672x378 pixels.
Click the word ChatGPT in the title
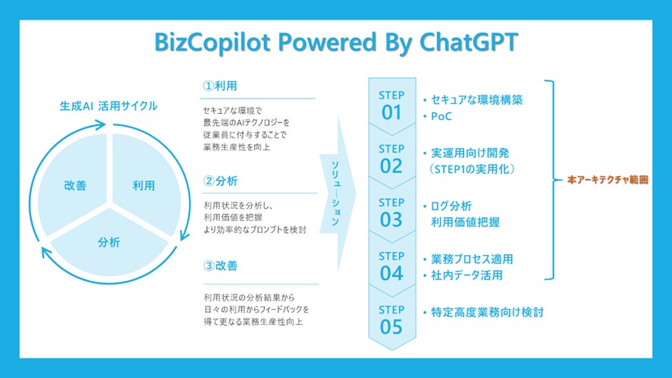pyautogui.click(x=469, y=42)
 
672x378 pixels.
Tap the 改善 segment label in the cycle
pyautogui.click(x=75, y=185)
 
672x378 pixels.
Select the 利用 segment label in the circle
pyautogui.click(x=143, y=185)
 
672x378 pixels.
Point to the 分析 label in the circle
pyautogui.click(x=109, y=242)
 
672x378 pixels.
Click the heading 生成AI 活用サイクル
pyautogui.click(x=108, y=106)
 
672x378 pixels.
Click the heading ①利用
pyautogui.click(x=220, y=86)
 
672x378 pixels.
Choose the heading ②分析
pyautogui.click(x=220, y=181)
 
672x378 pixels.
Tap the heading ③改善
pyautogui.click(x=220, y=266)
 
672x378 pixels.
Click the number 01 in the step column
pyautogui.click(x=391, y=113)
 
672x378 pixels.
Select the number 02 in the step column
pyautogui.click(x=391, y=166)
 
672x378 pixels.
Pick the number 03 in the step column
pyautogui.click(x=391, y=219)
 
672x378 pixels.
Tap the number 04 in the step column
pyautogui.click(x=391, y=273)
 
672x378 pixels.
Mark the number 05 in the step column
pyautogui.click(x=391, y=327)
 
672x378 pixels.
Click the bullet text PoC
pyautogui.click(x=441, y=116)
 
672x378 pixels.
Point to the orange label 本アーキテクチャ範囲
pyautogui.click(x=608, y=180)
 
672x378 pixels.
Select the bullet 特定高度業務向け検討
pyautogui.click(x=487, y=312)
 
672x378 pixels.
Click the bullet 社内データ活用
pyautogui.click(x=466, y=275)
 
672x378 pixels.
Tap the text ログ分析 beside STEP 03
pyautogui.click(x=451, y=206)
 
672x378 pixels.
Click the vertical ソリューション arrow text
pyautogui.click(x=335, y=193)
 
